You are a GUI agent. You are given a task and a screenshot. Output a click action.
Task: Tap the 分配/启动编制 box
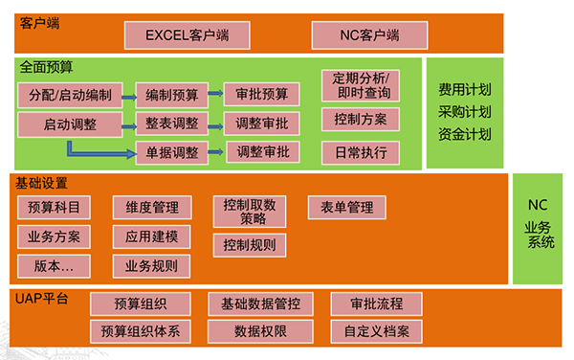tap(70, 95)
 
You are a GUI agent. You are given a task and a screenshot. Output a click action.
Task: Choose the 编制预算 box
tap(172, 95)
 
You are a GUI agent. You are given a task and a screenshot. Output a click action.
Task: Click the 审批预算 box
tap(261, 95)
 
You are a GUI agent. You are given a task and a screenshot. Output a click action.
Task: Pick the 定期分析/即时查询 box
tap(361, 85)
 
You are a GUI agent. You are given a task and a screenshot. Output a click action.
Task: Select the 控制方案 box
tap(361, 120)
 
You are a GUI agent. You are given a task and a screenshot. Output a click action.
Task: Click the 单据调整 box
tap(172, 151)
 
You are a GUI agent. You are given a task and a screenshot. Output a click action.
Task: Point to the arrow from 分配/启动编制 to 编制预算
tap(128, 95)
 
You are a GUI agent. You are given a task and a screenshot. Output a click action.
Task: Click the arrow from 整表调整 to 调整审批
tap(216, 124)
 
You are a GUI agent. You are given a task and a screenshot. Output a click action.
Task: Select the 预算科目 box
tap(55, 207)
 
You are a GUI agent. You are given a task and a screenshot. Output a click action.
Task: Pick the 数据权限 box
tap(260, 331)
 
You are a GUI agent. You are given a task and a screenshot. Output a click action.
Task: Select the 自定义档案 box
tap(376, 331)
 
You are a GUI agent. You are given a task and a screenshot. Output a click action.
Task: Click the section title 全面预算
tap(46, 68)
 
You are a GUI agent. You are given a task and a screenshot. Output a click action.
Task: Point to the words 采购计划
tap(465, 111)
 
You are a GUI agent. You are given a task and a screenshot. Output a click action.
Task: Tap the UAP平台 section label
tap(42, 299)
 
